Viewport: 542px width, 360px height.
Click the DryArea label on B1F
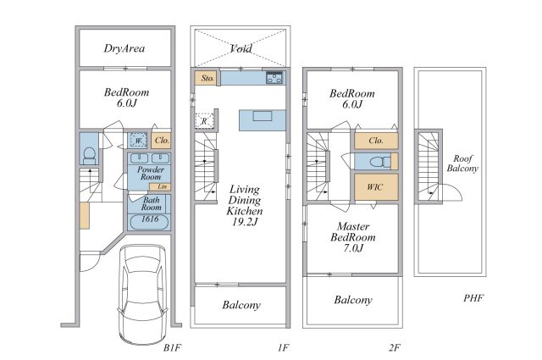click(x=124, y=48)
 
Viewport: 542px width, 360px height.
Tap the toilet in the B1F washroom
click(x=90, y=155)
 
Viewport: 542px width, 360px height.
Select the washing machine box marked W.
click(x=138, y=141)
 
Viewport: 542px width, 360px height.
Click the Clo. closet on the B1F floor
click(x=162, y=141)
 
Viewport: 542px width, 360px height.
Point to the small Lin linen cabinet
click(x=160, y=186)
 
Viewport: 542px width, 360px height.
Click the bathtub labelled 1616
click(x=149, y=222)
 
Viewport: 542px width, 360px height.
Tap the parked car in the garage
click(x=143, y=294)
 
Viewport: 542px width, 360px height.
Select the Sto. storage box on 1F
click(x=207, y=78)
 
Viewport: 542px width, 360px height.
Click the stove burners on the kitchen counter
click(x=274, y=78)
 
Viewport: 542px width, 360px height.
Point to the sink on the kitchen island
click(x=262, y=115)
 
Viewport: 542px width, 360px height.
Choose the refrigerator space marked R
click(x=204, y=121)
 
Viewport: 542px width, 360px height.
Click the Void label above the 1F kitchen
click(x=241, y=48)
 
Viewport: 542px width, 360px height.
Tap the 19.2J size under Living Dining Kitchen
click(x=245, y=221)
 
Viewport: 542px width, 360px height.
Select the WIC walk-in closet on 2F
click(x=376, y=187)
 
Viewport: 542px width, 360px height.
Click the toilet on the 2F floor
click(x=379, y=162)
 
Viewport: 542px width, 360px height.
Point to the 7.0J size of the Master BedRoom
click(x=352, y=247)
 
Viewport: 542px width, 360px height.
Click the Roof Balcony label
click(x=462, y=163)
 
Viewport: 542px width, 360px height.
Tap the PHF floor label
click(x=473, y=298)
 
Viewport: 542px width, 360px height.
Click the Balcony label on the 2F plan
click(x=353, y=300)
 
